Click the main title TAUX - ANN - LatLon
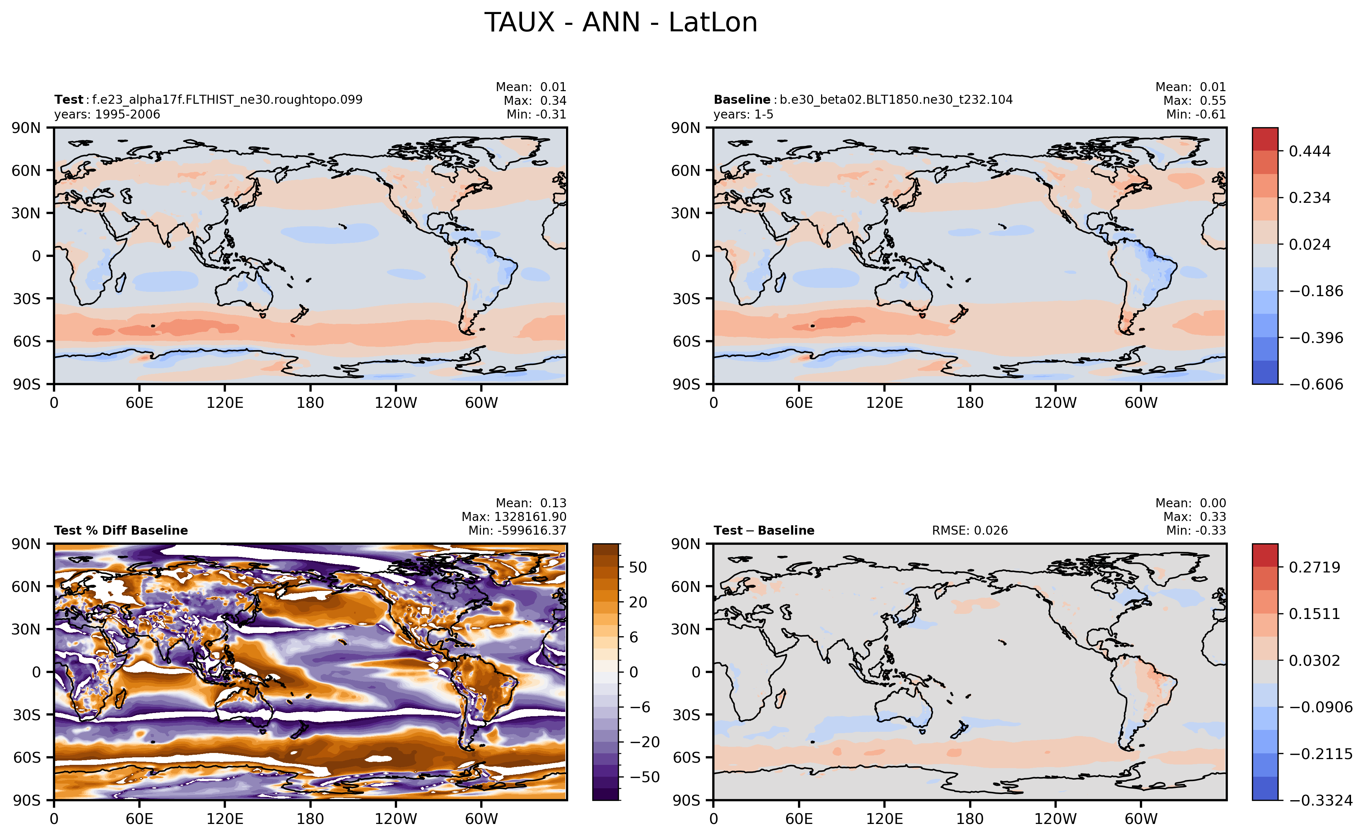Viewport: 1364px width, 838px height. (621, 23)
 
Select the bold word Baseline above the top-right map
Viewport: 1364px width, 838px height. (741, 100)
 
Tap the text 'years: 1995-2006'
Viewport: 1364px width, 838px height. (107, 115)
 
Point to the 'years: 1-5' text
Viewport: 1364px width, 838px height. (743, 115)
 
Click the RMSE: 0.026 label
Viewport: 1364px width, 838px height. (969, 530)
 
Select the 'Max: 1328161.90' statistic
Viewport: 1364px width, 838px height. (514, 517)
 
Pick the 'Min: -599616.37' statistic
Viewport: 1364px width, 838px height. (517, 530)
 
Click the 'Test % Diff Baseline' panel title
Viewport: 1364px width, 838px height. (121, 530)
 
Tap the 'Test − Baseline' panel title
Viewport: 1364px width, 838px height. (764, 530)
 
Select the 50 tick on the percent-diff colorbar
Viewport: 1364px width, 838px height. (638, 567)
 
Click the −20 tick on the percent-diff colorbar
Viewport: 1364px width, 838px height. (645, 742)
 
